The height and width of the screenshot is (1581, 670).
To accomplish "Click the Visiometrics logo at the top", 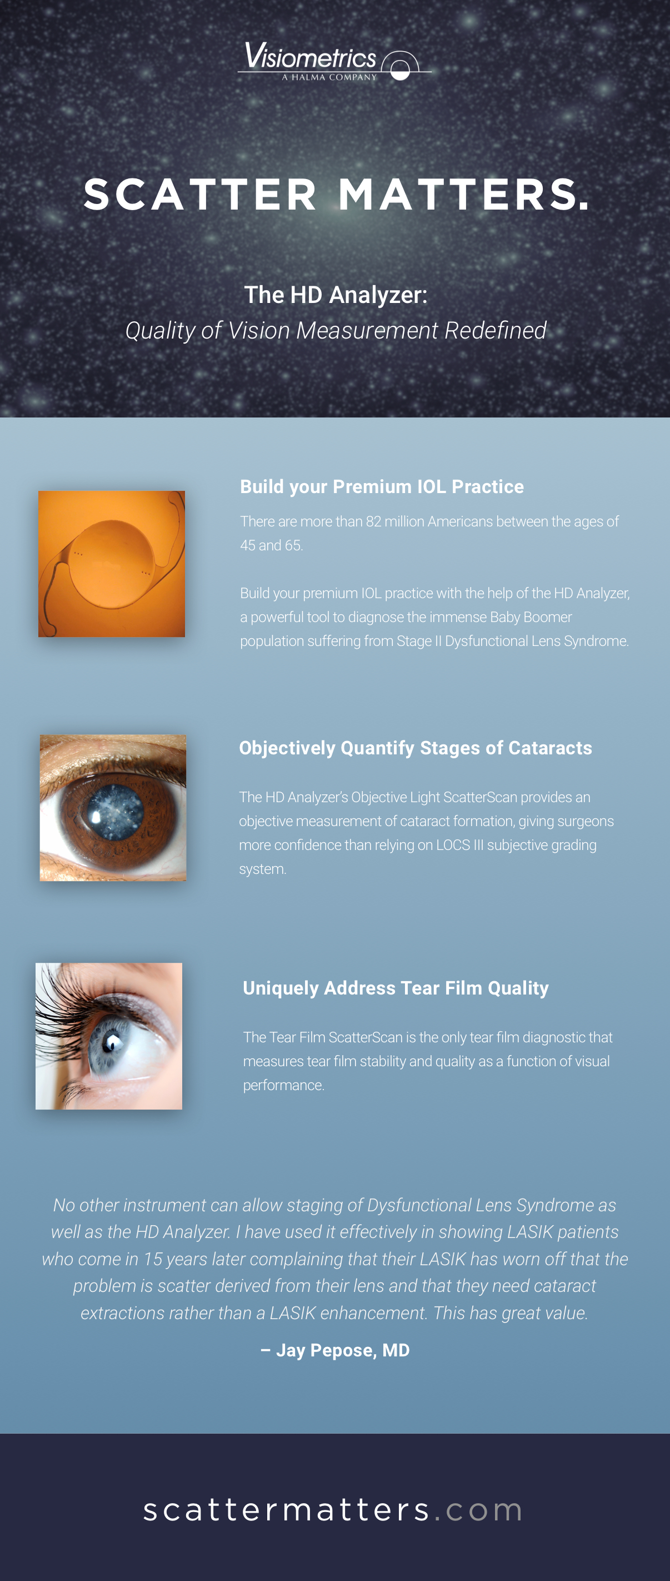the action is [x=334, y=61].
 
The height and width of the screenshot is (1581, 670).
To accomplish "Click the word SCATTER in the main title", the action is [x=201, y=195].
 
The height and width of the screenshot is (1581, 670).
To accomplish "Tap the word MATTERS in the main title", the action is [x=464, y=195].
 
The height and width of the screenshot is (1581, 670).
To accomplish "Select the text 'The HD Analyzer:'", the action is [x=336, y=295].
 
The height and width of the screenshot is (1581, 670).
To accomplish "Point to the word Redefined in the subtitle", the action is [x=495, y=330].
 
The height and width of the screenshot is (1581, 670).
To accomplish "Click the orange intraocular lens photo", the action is [x=112, y=564].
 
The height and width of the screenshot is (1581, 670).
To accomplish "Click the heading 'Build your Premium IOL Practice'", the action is [x=382, y=487].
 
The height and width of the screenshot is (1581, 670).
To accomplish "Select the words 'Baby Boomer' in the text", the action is [x=531, y=617].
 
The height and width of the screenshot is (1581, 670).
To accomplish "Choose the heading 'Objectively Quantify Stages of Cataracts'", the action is [x=416, y=748].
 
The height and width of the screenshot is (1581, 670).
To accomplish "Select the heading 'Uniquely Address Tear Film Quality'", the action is [x=396, y=988].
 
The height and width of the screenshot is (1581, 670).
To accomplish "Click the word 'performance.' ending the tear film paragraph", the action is [x=283, y=1085].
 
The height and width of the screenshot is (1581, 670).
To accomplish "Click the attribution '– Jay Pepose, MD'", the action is [x=335, y=1350].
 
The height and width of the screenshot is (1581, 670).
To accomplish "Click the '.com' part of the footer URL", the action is [x=478, y=1510].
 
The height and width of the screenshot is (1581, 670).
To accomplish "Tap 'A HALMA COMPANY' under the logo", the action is [x=329, y=77].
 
